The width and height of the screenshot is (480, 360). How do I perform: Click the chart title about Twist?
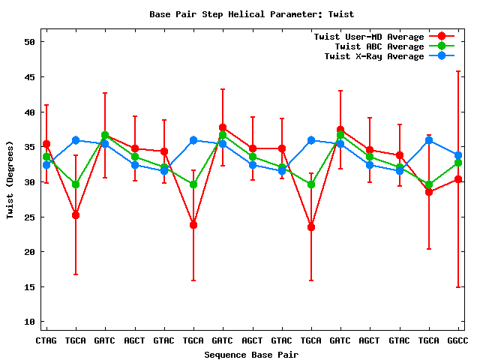click(x=251, y=14)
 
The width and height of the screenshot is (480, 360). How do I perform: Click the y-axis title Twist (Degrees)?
click(x=10, y=181)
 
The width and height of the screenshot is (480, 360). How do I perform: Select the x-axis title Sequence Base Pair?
click(x=251, y=354)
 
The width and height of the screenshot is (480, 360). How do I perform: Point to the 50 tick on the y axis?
click(x=30, y=42)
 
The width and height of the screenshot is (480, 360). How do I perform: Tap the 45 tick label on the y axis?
click(x=30, y=77)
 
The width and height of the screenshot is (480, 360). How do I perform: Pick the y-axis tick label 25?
click(x=30, y=217)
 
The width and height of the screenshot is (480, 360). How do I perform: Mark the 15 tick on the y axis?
click(x=30, y=287)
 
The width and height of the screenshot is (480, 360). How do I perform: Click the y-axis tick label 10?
click(x=30, y=322)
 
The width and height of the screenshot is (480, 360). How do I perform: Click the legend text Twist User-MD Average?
click(x=368, y=37)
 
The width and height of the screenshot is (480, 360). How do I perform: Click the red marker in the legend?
click(x=442, y=37)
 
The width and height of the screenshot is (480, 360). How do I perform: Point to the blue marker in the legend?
click(x=442, y=56)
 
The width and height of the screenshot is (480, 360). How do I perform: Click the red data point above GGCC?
click(x=458, y=179)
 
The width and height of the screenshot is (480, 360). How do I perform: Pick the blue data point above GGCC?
click(x=458, y=155)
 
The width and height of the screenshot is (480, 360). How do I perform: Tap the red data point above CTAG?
click(x=46, y=144)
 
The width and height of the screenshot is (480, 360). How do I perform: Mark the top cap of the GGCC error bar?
click(x=458, y=71)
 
